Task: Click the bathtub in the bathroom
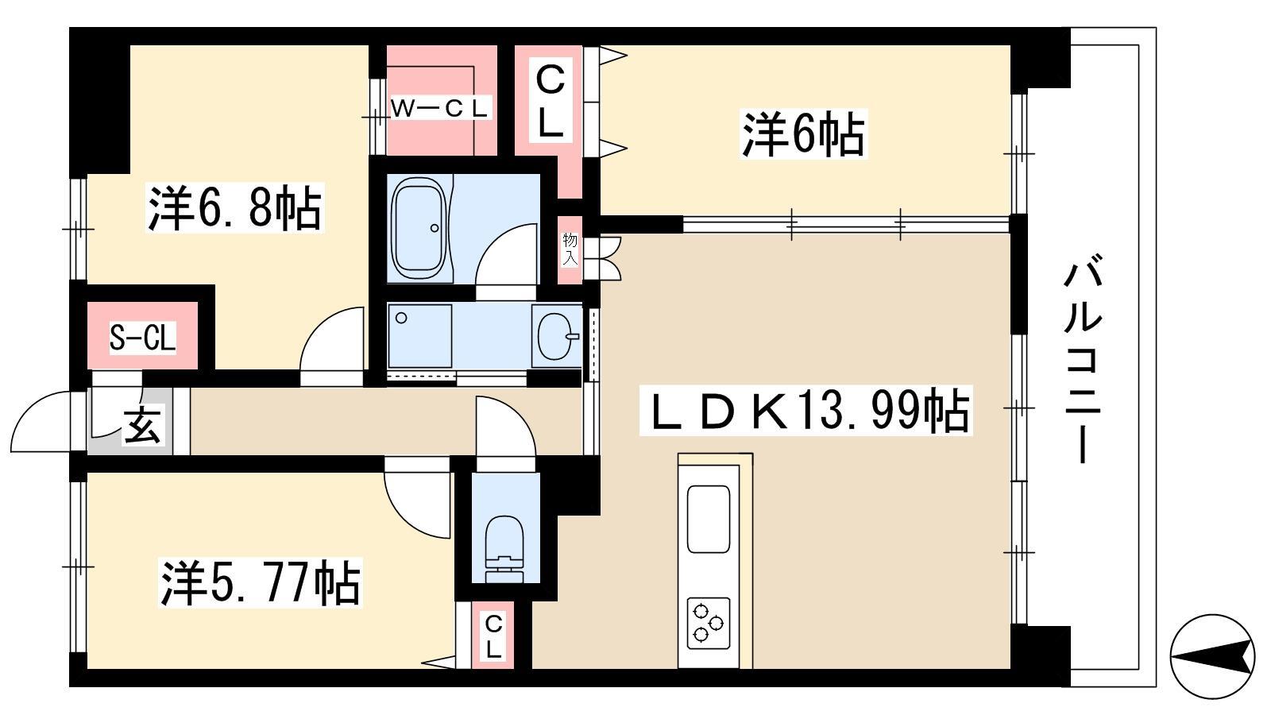(x=419, y=228)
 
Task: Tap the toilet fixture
(x=504, y=548)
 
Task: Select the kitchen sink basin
(x=708, y=519)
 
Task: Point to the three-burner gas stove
(x=708, y=623)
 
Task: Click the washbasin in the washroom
(x=557, y=336)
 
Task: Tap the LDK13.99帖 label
(x=805, y=411)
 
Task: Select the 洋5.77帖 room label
(x=261, y=583)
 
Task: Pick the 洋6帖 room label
(x=803, y=134)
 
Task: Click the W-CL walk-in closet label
(x=439, y=108)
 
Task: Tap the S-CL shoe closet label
(x=142, y=338)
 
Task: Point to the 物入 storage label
(x=570, y=249)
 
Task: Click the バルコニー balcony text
(x=1083, y=361)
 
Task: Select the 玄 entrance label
(x=142, y=425)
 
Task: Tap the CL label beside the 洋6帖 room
(x=550, y=102)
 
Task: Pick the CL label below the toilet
(x=493, y=636)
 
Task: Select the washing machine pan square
(x=420, y=336)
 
